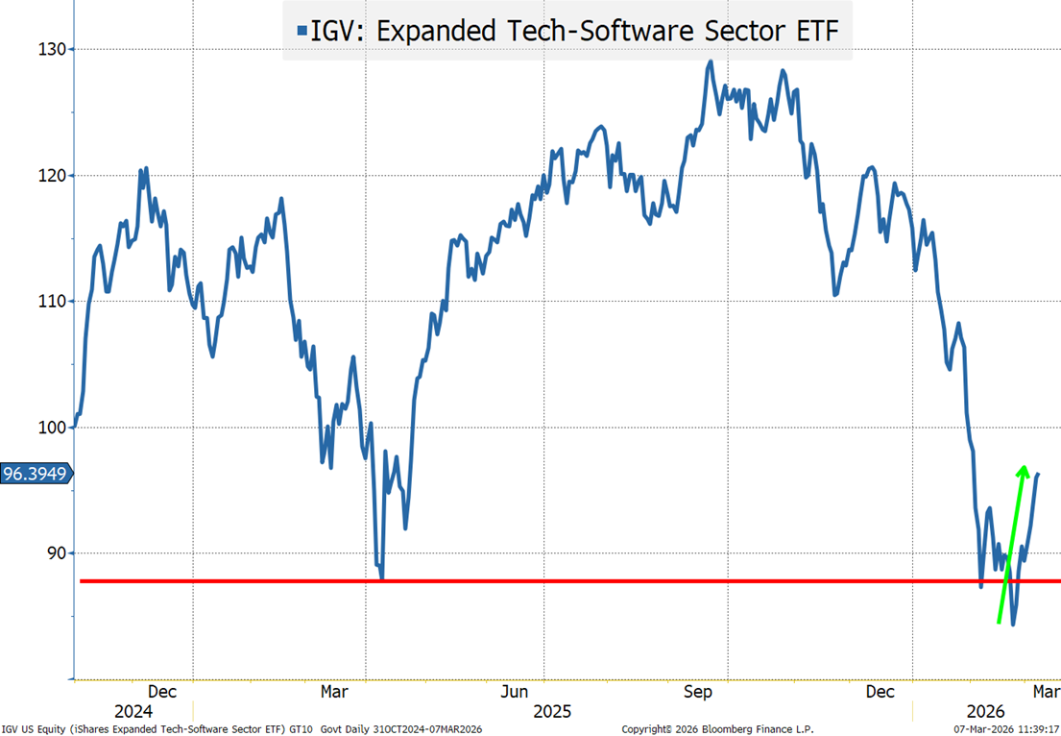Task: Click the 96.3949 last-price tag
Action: coord(36,474)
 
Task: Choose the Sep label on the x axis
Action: coord(698,691)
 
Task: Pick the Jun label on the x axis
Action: coord(515,691)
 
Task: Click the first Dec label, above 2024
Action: coord(161,691)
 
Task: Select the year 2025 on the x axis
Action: coord(551,711)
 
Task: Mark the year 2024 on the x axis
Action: coord(133,711)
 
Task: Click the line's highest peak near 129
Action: coord(711,62)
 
